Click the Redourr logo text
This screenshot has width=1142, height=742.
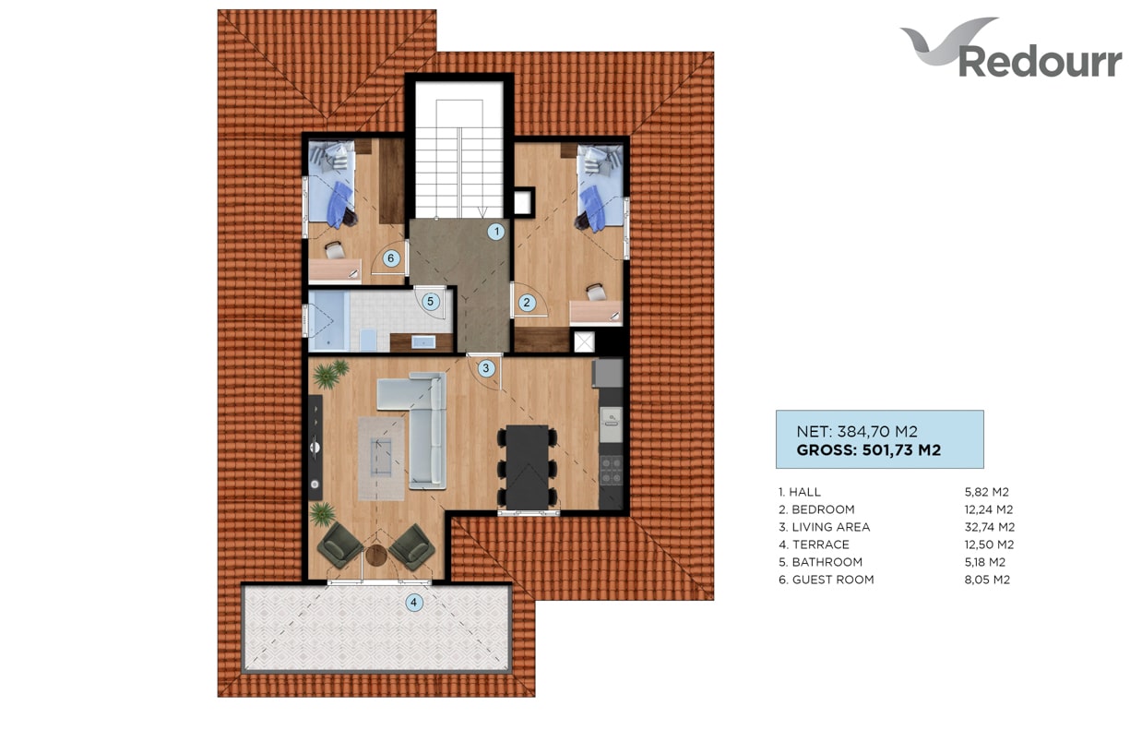pyautogui.click(x=1040, y=62)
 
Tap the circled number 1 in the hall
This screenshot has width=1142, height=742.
pyautogui.click(x=496, y=232)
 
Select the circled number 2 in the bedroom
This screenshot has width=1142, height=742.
pyautogui.click(x=527, y=303)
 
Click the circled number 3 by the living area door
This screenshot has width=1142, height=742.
pyautogui.click(x=486, y=367)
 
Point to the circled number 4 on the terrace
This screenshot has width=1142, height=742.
pyautogui.click(x=413, y=603)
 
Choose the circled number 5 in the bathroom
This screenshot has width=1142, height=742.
pyautogui.click(x=430, y=302)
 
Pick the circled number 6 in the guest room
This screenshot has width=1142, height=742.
pyautogui.click(x=390, y=258)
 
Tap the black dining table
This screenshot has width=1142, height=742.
pyautogui.click(x=528, y=467)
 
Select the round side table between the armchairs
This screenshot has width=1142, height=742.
pyautogui.click(x=376, y=556)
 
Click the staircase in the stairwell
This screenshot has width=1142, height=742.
pyautogui.click(x=459, y=159)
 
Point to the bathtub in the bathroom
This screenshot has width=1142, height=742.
pyautogui.click(x=328, y=321)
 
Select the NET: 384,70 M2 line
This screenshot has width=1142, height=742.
pyautogui.click(x=856, y=432)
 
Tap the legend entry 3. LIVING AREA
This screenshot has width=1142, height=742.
pyautogui.click(x=824, y=527)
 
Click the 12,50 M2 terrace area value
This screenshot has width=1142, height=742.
pyautogui.click(x=989, y=545)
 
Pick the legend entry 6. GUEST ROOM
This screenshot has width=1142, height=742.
pyautogui.click(x=826, y=580)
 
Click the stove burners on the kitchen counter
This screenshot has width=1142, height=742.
pyautogui.click(x=611, y=470)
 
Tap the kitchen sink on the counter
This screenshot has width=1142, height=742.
pyautogui.click(x=611, y=419)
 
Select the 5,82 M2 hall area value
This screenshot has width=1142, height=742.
pyautogui.click(x=986, y=492)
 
